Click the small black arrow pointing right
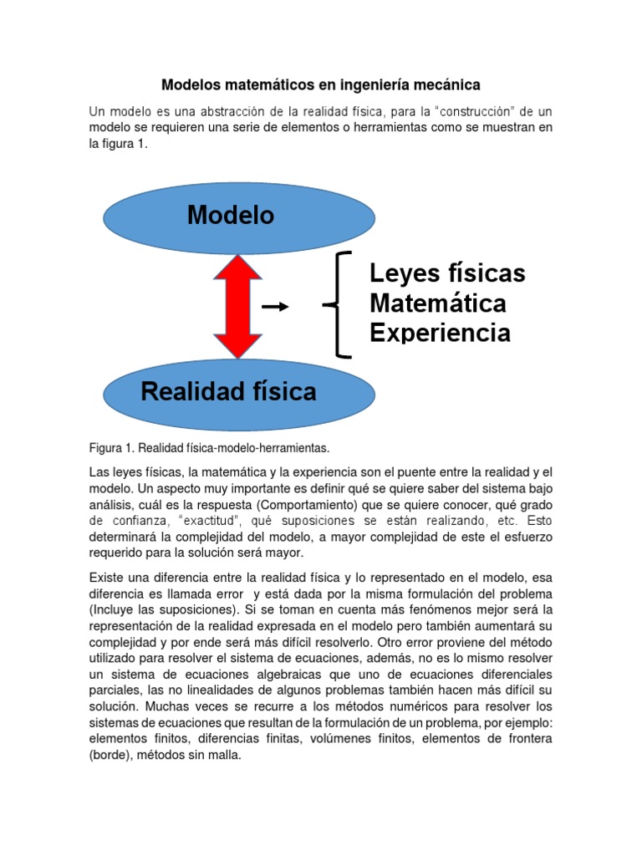[275, 308]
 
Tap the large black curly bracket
[338, 304]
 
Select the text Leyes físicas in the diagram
[447, 273]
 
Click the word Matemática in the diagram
[438, 303]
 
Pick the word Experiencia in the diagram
[440, 333]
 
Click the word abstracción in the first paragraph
[252, 111]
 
